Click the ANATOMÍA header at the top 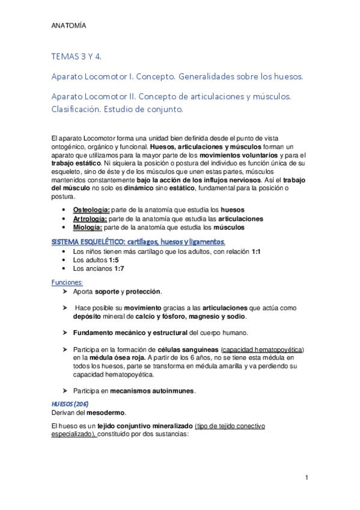click(69, 26)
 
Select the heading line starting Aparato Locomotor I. click(177, 77)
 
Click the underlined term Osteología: click(91, 209)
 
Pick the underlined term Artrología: click(91, 218)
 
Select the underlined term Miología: click(88, 227)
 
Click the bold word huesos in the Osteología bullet click(233, 209)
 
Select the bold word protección click(144, 291)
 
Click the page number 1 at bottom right click(306, 478)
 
